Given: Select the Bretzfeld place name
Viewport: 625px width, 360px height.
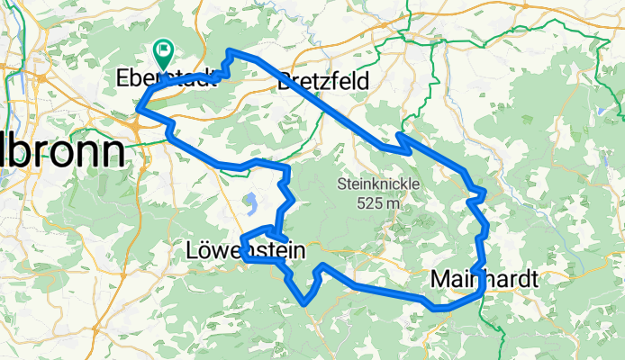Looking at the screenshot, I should point(324,82).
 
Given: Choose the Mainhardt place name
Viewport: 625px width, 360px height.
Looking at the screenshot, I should point(485,279).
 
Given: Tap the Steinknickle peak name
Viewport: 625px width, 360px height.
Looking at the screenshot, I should point(369,184).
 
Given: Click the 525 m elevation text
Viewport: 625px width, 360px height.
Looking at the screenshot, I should point(369,203).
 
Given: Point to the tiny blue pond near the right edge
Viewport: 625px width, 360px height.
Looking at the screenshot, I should point(596,110).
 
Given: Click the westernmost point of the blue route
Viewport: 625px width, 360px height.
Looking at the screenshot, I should point(138,110).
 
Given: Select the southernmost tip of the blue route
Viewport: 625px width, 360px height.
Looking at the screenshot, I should point(307,303).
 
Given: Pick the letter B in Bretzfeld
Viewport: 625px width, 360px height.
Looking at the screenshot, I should point(286,82).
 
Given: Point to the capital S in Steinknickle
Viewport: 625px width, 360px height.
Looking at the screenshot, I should point(342,184).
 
